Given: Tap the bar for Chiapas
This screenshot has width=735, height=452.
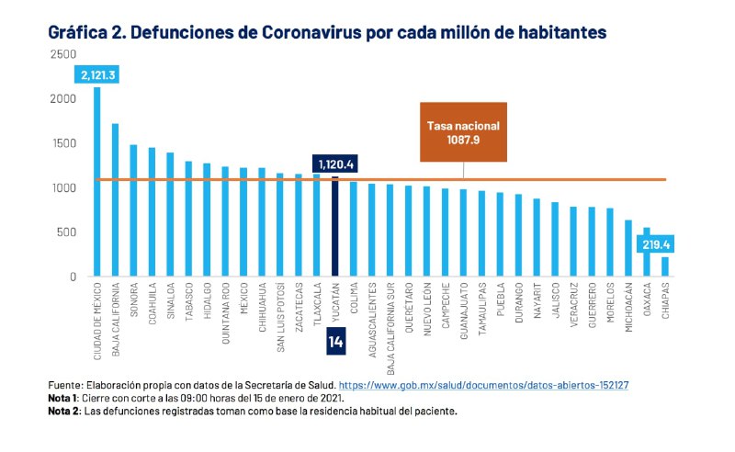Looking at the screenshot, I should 664,266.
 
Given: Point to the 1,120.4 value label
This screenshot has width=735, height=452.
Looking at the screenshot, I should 334,164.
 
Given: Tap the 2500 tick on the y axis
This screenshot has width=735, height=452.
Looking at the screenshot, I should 62,55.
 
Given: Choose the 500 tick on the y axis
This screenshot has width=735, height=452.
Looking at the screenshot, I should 66,232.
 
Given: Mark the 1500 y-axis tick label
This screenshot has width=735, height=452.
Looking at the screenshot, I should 62,144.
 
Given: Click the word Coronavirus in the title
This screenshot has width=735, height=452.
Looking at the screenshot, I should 316,32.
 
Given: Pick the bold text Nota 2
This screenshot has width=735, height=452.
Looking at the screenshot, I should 64,412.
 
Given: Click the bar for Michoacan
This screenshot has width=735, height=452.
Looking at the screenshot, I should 628,248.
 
